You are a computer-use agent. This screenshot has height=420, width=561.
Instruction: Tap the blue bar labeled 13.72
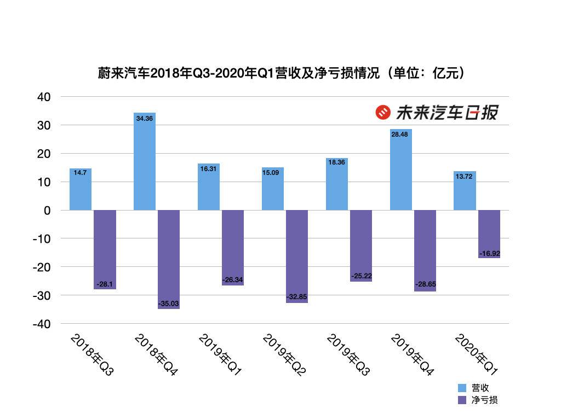click(x=465, y=191)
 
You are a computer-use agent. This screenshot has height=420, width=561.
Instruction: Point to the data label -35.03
click(x=169, y=304)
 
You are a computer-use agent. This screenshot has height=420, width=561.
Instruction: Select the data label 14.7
click(x=81, y=173)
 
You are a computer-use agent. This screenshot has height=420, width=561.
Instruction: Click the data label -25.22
click(x=361, y=276)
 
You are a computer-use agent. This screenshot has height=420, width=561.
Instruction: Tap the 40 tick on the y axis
click(x=44, y=97)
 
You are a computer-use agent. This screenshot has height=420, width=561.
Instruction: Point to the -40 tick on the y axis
click(x=41, y=324)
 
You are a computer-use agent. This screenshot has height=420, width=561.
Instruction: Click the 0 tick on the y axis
click(x=47, y=211)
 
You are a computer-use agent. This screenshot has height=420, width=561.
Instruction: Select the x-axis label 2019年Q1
click(x=219, y=355)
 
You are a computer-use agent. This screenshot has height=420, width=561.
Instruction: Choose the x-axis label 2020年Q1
click(x=476, y=355)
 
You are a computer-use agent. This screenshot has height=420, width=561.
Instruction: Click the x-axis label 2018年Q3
click(x=91, y=355)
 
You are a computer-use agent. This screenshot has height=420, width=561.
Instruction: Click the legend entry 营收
click(x=480, y=388)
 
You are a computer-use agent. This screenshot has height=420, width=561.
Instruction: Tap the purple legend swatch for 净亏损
click(x=462, y=400)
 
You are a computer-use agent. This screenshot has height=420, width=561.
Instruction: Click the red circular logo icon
click(x=382, y=113)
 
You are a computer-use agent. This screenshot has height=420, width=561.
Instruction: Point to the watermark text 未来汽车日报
click(x=446, y=113)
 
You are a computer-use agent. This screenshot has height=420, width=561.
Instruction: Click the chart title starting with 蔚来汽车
click(x=280, y=73)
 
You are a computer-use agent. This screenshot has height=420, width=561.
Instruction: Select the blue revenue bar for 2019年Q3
click(x=337, y=184)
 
